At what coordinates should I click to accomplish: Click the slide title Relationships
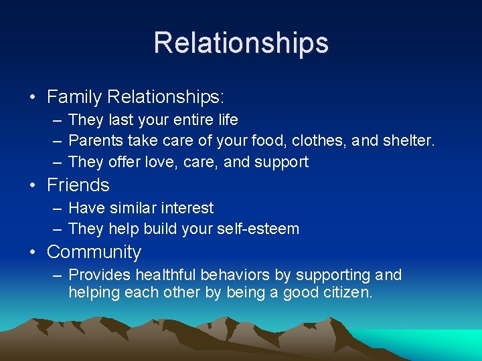(241, 43)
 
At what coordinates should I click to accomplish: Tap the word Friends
(78, 185)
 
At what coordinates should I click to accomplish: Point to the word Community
(94, 252)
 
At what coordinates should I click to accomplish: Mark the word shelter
(407, 141)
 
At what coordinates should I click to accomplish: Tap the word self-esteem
(258, 229)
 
